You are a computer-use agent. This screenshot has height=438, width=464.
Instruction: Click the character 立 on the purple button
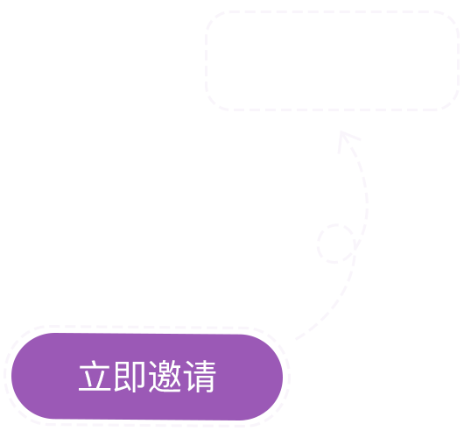[x=95, y=376]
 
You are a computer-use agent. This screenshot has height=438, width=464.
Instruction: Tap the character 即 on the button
[x=130, y=376]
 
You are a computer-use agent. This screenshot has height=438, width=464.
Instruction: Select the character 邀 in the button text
[x=165, y=376]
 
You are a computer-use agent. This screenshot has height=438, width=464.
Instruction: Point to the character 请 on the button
[x=200, y=376]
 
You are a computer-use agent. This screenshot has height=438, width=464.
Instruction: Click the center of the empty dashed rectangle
[x=333, y=60]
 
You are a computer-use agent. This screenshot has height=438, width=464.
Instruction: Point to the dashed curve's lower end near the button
[x=296, y=339]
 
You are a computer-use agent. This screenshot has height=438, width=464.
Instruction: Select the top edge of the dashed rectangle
[x=333, y=12]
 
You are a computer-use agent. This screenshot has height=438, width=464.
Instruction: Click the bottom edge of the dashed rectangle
[x=333, y=109]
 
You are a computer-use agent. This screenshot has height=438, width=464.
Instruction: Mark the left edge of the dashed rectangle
[x=207, y=60]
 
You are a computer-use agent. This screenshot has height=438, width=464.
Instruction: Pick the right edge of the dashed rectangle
[x=459, y=60]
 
